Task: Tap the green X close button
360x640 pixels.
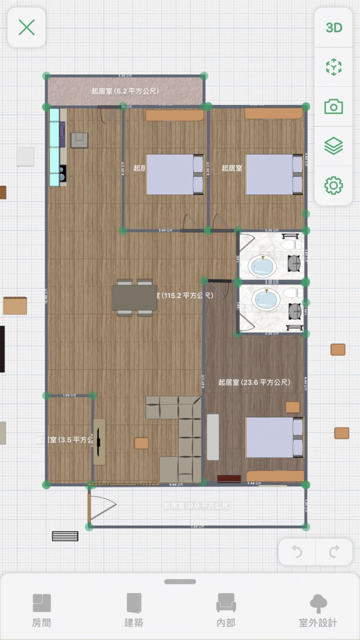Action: pyautogui.click(x=26, y=27)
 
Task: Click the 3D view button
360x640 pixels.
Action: pyautogui.click(x=333, y=28)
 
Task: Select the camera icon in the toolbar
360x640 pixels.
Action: pyautogui.click(x=333, y=106)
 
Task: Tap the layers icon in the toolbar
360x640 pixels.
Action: pyautogui.click(x=333, y=146)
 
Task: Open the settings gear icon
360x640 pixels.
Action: pyautogui.click(x=333, y=185)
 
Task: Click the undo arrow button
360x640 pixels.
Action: pyautogui.click(x=297, y=551)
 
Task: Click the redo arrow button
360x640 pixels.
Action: pyautogui.click(x=334, y=551)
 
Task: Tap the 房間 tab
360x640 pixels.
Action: pyautogui.click(x=41, y=610)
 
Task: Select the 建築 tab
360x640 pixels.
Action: pyautogui.click(x=134, y=610)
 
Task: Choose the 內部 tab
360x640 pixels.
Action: pyautogui.click(x=226, y=610)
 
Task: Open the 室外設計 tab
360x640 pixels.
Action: pyautogui.click(x=318, y=610)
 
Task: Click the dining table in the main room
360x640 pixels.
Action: pyautogui.click(x=134, y=297)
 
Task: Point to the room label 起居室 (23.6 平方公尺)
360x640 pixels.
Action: pyautogui.click(x=254, y=382)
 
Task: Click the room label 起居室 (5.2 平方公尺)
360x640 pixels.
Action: pyautogui.click(x=125, y=91)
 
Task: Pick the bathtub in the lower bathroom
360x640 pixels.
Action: pyautogui.click(x=265, y=300)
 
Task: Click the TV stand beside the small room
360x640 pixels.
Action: pyautogui.click(x=99, y=441)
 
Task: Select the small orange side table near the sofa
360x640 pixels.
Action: pyautogui.click(x=141, y=443)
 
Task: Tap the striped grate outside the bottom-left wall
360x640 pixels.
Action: pyautogui.click(x=65, y=536)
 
